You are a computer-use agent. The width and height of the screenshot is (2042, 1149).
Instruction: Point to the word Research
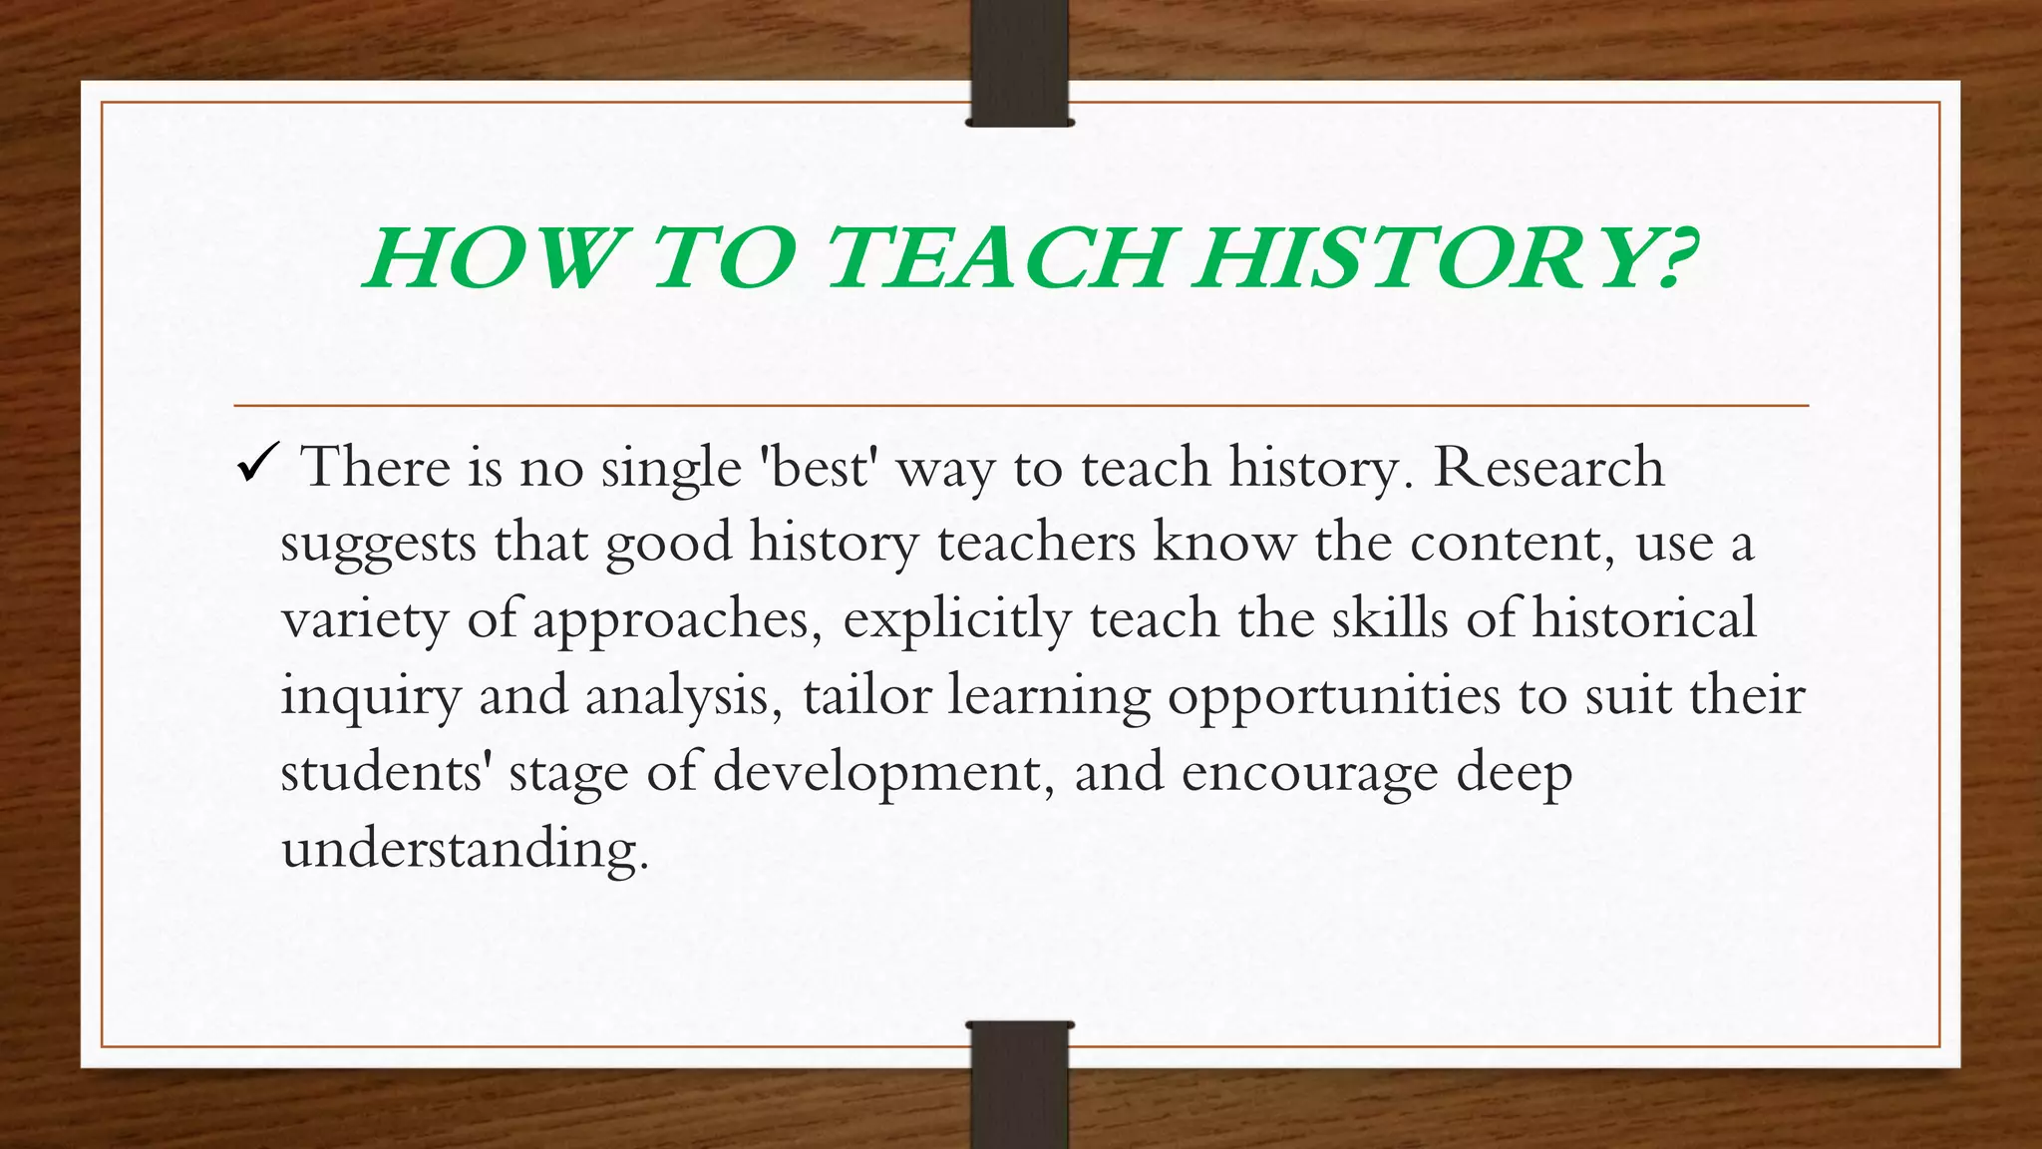[1548, 467]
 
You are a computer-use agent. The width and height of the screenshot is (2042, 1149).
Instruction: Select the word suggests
[378, 545]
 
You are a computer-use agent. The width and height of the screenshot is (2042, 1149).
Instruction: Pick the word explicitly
[956, 620]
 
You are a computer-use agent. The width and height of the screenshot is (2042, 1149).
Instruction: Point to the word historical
[1644, 618]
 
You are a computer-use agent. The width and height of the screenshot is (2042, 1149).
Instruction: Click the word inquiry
[370, 696]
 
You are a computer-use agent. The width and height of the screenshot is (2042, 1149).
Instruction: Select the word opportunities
[1334, 696]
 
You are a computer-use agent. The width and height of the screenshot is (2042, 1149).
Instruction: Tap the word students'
[386, 773]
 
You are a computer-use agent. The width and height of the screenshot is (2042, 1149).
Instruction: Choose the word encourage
[1309, 773]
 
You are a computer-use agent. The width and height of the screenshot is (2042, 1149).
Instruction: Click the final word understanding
[465, 850]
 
